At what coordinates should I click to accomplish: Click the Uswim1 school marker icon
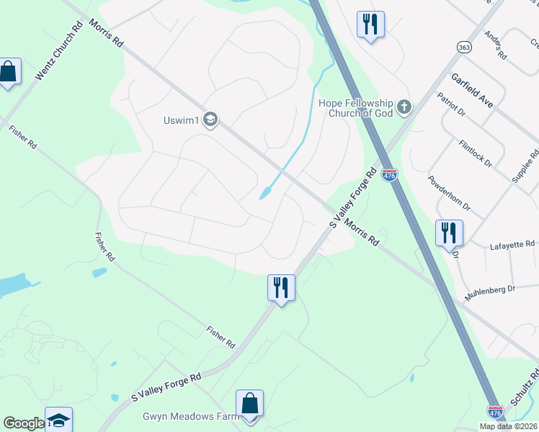click(x=210, y=120)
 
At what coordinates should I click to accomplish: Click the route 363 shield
click(x=463, y=47)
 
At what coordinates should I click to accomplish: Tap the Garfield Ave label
click(x=472, y=90)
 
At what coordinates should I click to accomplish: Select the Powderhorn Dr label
click(x=448, y=194)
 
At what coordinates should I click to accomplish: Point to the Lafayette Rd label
click(x=512, y=245)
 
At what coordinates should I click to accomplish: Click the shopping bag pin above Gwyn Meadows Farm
click(x=249, y=404)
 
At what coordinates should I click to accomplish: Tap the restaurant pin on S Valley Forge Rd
click(x=280, y=288)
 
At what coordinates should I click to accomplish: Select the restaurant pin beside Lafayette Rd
click(x=448, y=233)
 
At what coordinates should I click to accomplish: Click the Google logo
click(x=24, y=423)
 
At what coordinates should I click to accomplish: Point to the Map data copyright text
click(x=509, y=426)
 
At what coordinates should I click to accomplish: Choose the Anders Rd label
click(x=496, y=45)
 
